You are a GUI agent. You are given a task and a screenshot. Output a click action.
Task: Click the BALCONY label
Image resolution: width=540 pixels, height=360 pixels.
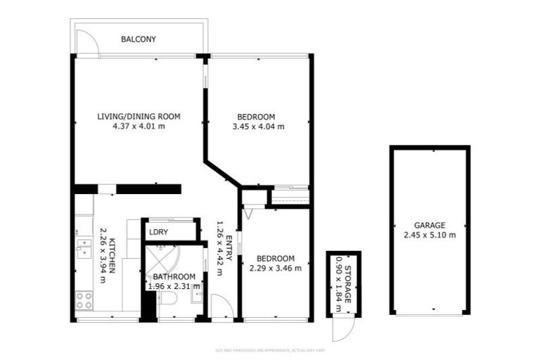[139, 39]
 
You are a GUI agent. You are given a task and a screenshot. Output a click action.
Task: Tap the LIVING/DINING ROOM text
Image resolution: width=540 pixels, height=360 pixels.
[139, 116]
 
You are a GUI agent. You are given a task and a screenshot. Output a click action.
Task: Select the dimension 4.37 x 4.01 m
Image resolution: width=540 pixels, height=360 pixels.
[139, 127]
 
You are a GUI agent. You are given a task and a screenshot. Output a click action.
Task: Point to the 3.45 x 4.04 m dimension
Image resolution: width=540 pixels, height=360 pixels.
[258, 127]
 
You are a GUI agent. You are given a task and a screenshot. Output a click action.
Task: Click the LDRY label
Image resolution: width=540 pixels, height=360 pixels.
[157, 231]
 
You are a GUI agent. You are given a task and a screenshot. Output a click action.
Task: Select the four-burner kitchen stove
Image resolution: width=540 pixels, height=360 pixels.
[84, 300]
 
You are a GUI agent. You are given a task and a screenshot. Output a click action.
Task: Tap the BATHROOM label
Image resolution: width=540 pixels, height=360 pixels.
[173, 276]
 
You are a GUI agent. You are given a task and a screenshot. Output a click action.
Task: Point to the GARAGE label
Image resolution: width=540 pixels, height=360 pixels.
[430, 225]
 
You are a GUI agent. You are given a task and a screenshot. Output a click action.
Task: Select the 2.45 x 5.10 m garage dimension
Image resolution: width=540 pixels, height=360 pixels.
[430, 235]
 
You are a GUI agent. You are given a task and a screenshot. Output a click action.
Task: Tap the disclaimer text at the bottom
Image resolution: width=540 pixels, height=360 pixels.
[270, 349]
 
